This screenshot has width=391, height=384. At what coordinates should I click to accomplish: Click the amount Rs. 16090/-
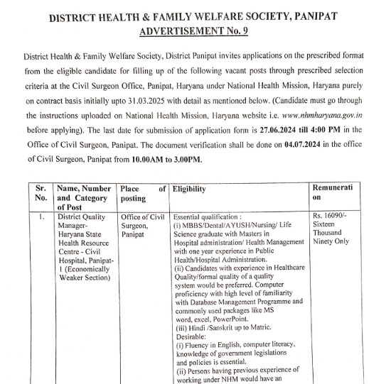(331, 214)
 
